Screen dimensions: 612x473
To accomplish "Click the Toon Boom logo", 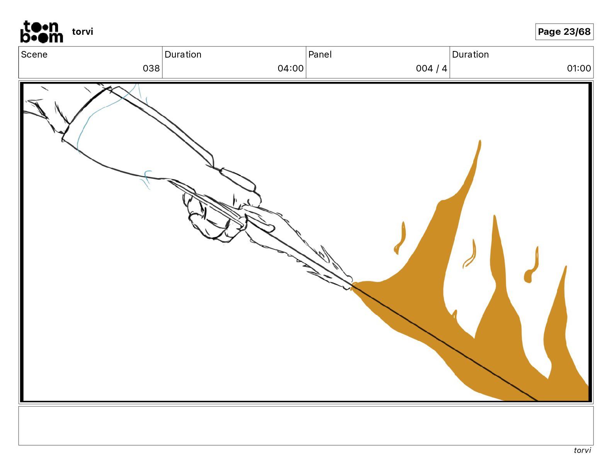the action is (42, 32).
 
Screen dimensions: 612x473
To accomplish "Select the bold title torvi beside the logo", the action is (83, 32).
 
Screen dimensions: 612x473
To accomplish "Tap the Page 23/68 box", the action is (564, 32).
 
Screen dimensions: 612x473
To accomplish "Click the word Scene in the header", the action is (34, 54).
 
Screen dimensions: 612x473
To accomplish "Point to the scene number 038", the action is (151, 68).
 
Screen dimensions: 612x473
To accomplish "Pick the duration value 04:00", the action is (291, 68).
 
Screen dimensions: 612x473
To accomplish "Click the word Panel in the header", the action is (320, 54).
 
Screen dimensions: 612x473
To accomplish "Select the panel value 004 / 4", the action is (432, 68).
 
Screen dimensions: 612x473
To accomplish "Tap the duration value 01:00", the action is (579, 68).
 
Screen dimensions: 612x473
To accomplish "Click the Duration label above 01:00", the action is (470, 54).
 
